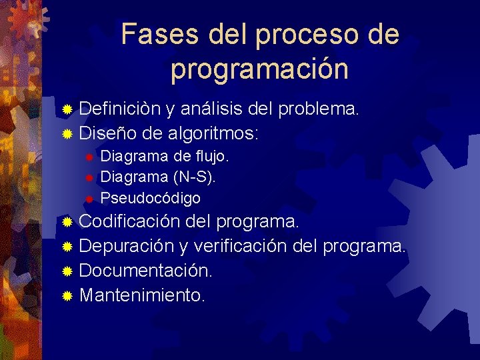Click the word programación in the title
pyautogui.click(x=259, y=69)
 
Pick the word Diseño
pyautogui.click(x=105, y=133)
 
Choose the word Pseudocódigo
pyautogui.click(x=150, y=199)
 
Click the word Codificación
pyautogui.click(x=129, y=221)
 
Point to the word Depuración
pyautogui.click(x=127, y=246)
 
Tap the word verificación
pyautogui.click(x=246, y=246)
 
